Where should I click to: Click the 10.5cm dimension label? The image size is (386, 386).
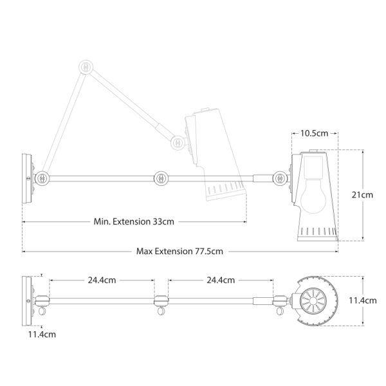[314, 133]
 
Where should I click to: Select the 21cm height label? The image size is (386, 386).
[362, 195]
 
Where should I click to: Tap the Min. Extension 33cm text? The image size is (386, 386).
[134, 221]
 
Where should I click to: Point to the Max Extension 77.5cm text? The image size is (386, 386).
[179, 252]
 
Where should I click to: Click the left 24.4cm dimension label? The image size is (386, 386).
[102, 280]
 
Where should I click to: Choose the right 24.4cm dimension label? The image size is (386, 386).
[221, 280]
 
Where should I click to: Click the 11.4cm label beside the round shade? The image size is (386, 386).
[363, 300]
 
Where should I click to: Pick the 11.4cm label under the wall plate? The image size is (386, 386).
[42, 335]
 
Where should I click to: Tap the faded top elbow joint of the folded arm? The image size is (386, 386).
[86, 67]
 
